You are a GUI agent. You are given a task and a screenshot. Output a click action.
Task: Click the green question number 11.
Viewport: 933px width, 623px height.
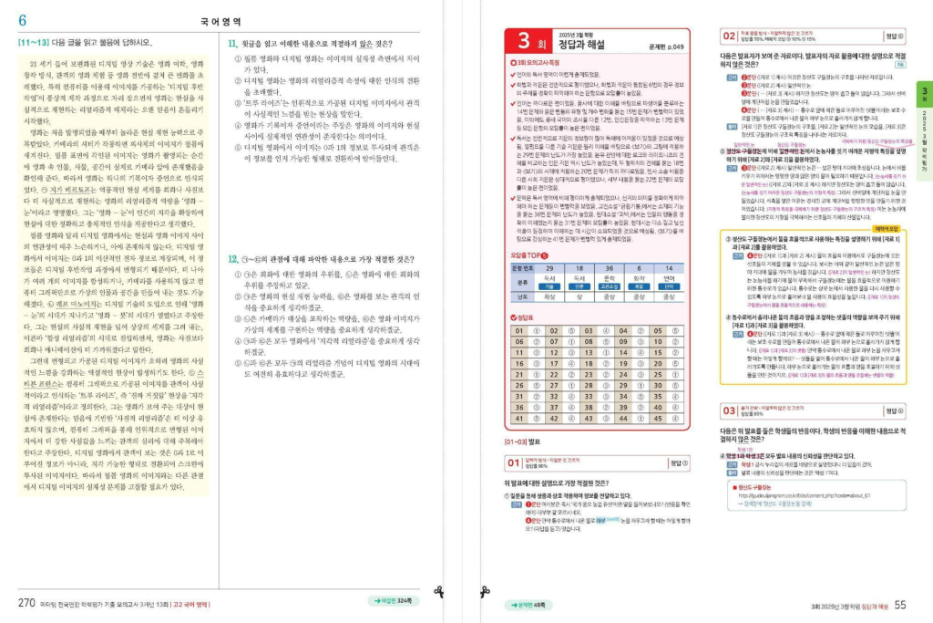tap(232, 42)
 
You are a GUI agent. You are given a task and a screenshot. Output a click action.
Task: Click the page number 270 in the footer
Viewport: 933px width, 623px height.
tap(27, 602)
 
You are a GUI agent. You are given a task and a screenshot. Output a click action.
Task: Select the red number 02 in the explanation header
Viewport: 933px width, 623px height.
tap(730, 36)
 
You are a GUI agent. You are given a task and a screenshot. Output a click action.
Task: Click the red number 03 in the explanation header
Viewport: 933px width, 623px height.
tap(730, 410)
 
